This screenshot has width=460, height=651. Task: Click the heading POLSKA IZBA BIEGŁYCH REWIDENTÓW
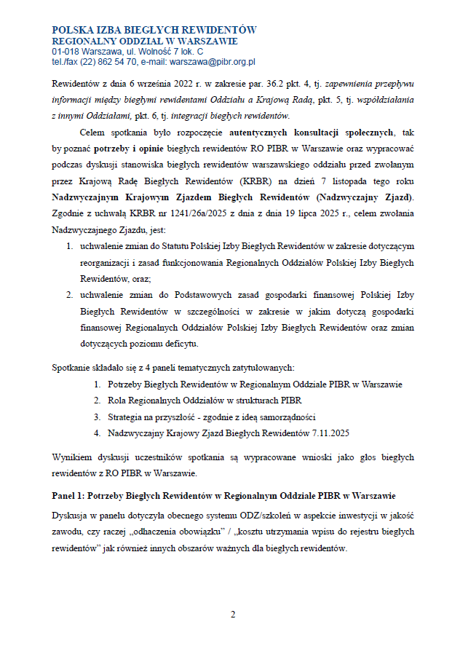click(154, 29)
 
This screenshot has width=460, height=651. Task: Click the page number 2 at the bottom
click(233, 615)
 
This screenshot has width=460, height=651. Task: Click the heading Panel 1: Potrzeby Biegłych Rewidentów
click(224, 496)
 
